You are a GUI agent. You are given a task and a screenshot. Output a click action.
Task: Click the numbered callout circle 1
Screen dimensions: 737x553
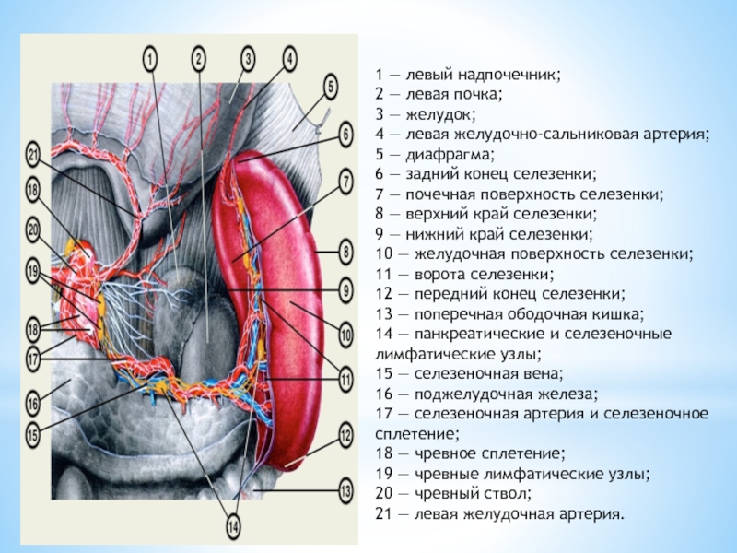tap(151, 58)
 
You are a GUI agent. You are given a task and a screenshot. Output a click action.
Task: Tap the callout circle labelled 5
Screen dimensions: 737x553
tap(331, 88)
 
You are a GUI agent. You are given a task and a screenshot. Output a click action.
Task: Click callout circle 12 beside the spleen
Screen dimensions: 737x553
tap(346, 433)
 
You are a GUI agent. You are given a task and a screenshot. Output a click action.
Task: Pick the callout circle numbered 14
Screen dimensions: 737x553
tap(233, 528)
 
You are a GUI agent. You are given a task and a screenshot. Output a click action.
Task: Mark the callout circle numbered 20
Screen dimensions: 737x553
tap(33, 228)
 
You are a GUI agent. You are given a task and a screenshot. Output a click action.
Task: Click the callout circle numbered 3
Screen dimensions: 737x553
tap(247, 59)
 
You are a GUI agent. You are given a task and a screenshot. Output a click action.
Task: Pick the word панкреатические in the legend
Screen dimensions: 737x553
tap(478, 334)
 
